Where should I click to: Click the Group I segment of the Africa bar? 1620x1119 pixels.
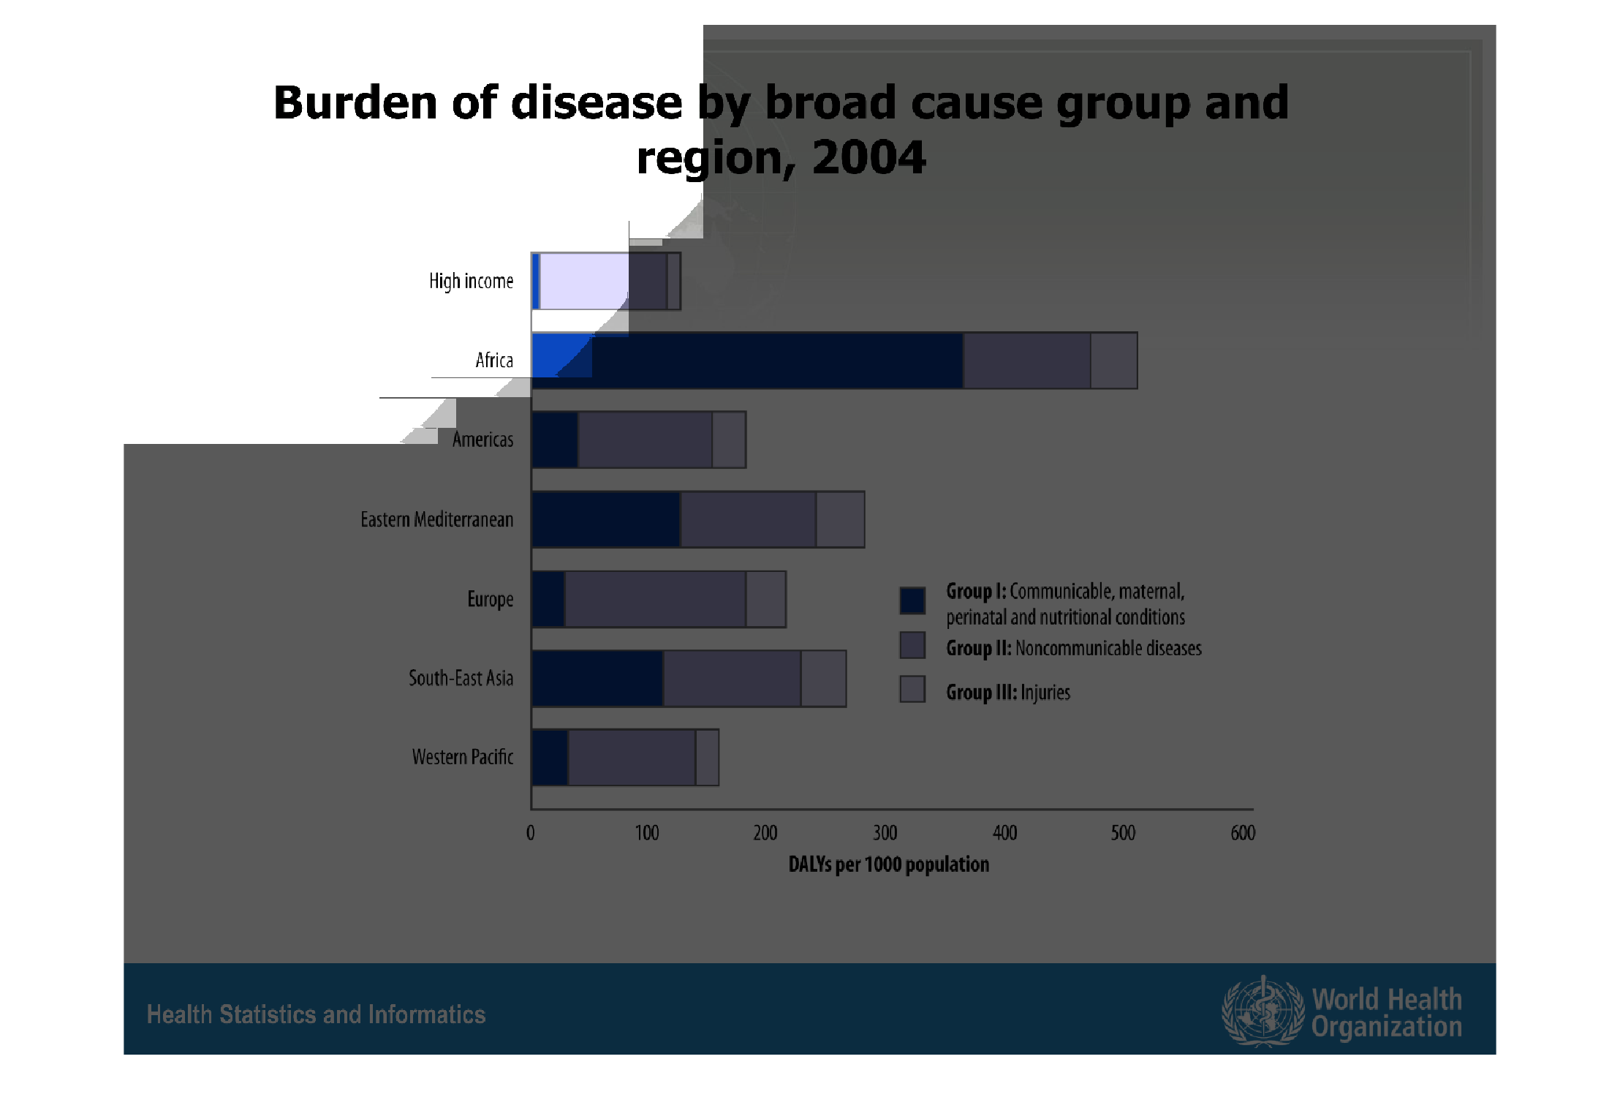point(747,361)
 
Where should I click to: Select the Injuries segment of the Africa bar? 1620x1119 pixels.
point(1114,361)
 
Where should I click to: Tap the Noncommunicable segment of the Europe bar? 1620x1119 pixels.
point(655,599)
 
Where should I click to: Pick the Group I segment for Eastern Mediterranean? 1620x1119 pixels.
point(606,519)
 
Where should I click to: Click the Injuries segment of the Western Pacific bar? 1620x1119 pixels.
point(707,758)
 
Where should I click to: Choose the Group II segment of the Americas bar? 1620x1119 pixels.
point(645,440)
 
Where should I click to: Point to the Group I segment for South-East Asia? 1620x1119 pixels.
point(597,678)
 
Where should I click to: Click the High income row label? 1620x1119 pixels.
point(471,282)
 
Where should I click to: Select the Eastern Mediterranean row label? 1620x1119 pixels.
point(436,519)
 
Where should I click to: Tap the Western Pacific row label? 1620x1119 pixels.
point(462,757)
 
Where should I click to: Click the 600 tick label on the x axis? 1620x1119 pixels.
point(1243,833)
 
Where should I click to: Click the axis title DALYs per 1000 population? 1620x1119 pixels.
point(888,864)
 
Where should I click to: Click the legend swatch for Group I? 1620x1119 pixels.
point(912,600)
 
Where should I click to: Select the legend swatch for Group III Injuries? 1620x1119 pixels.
point(912,689)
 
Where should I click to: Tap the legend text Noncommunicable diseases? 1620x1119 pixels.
point(1108,649)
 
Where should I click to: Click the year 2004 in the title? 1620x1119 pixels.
point(868,157)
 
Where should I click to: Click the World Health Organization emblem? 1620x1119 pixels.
point(1263,1011)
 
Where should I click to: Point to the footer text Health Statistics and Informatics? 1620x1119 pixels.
point(316,1014)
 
